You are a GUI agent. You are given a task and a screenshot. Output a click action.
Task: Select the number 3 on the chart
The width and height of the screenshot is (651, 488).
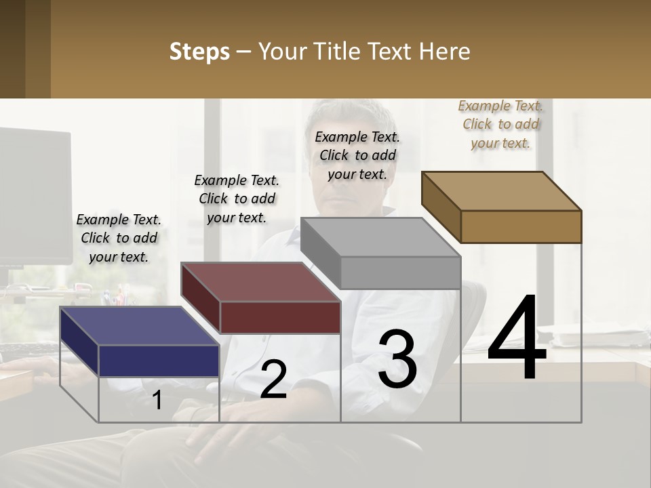coord(397,359)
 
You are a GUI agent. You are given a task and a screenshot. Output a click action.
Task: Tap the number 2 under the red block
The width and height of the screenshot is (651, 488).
coord(273,380)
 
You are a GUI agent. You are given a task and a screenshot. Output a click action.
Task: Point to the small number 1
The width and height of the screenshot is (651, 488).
coord(157,401)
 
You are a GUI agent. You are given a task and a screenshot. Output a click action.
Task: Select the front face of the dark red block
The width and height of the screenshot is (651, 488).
coord(280,317)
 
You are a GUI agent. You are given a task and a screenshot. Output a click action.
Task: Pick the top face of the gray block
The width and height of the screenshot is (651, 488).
coord(380,237)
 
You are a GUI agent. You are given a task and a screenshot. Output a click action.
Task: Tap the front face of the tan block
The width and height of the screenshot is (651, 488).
coord(521,226)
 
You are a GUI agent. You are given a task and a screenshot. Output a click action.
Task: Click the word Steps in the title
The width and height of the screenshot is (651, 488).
coord(199,52)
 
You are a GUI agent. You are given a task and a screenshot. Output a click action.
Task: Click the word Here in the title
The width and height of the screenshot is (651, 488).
coord(445,52)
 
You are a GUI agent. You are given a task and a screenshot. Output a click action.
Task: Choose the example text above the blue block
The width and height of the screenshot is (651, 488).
coord(119,238)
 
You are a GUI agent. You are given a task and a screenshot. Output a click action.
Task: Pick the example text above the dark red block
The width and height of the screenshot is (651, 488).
coord(237,199)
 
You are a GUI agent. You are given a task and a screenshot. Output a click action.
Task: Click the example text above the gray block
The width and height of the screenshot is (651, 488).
coord(357,155)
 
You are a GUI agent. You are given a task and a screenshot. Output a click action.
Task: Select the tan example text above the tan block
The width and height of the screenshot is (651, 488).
coord(500,124)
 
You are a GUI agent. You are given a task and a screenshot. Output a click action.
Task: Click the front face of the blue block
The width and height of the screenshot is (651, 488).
coord(159,361)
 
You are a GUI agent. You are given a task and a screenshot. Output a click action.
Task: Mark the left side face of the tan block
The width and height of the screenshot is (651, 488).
coord(441,206)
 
